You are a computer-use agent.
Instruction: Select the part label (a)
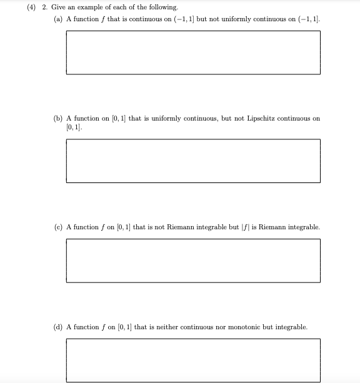(58, 19)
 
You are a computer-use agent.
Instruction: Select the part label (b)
(58, 118)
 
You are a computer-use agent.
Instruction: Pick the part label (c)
(58, 227)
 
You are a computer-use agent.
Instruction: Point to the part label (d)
(58, 327)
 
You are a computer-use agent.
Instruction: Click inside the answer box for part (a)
(193, 52)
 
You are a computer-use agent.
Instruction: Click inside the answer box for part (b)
(193, 161)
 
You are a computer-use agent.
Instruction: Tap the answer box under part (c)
(193, 260)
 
